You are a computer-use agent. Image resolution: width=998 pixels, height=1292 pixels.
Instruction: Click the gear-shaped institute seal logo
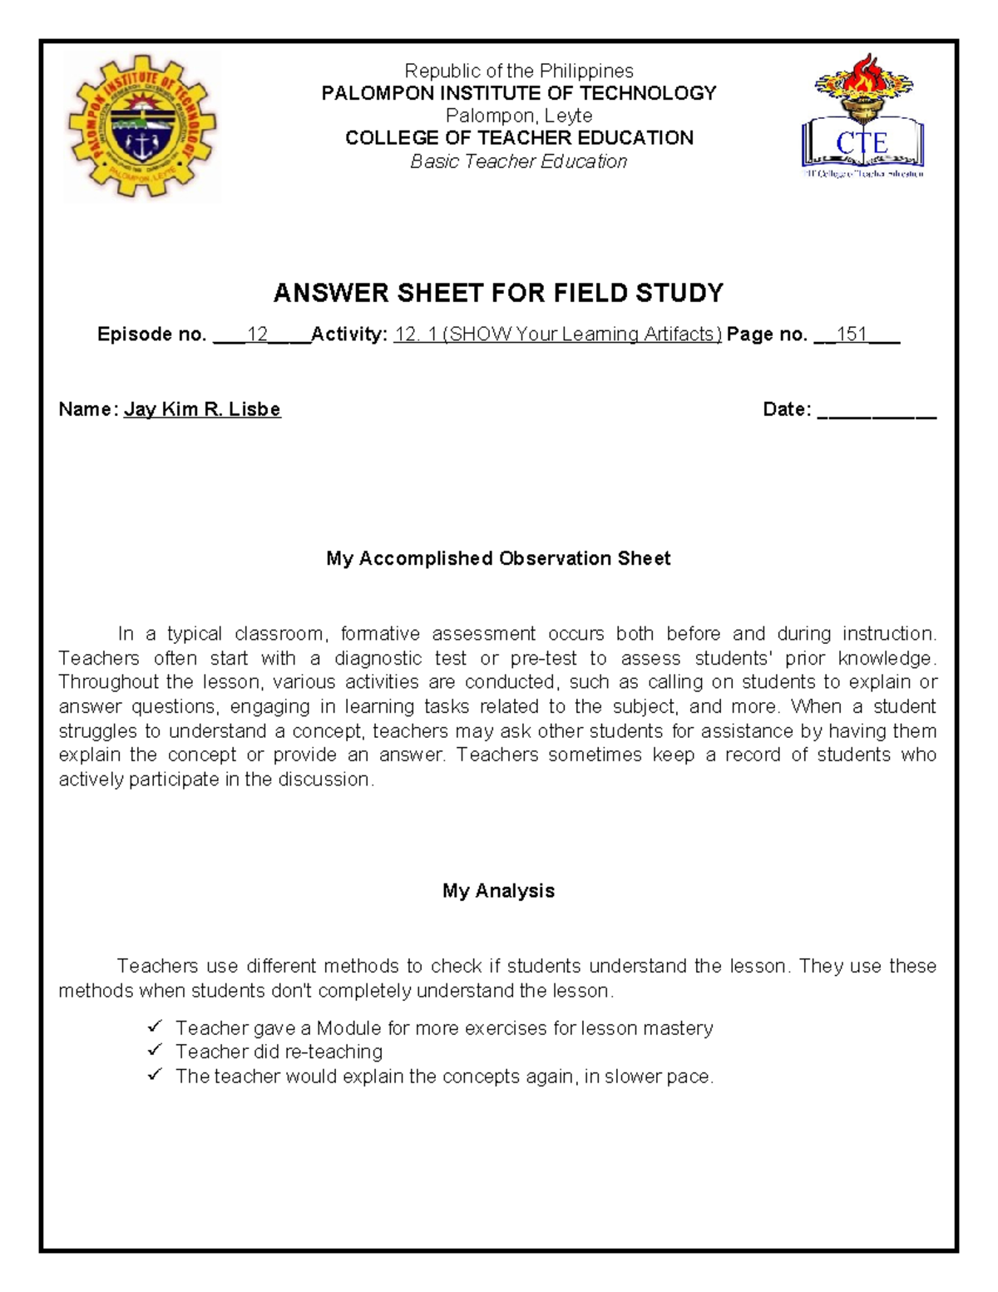point(141,127)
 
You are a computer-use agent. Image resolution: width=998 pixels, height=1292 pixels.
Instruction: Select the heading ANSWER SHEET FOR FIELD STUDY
point(498,293)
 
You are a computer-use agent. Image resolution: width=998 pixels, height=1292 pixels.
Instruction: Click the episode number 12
point(257,334)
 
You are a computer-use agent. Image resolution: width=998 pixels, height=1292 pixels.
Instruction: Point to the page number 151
point(852,334)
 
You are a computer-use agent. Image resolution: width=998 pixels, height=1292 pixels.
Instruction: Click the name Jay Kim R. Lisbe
point(202,409)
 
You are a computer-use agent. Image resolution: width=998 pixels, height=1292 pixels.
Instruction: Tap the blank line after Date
point(877,411)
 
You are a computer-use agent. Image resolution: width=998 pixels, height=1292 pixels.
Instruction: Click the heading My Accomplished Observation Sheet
point(498,558)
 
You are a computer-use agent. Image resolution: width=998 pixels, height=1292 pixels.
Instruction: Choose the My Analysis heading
point(498,891)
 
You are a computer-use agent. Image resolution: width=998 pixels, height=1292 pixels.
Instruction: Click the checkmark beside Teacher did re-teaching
point(155,1051)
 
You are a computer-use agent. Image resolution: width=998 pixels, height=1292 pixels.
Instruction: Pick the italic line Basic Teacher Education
point(518,161)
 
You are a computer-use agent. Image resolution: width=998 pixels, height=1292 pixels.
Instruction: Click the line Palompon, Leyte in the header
point(519,116)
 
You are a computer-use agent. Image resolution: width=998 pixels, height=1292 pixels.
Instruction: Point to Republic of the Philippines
point(519,71)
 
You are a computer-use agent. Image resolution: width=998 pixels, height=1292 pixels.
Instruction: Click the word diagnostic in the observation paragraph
point(378,658)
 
